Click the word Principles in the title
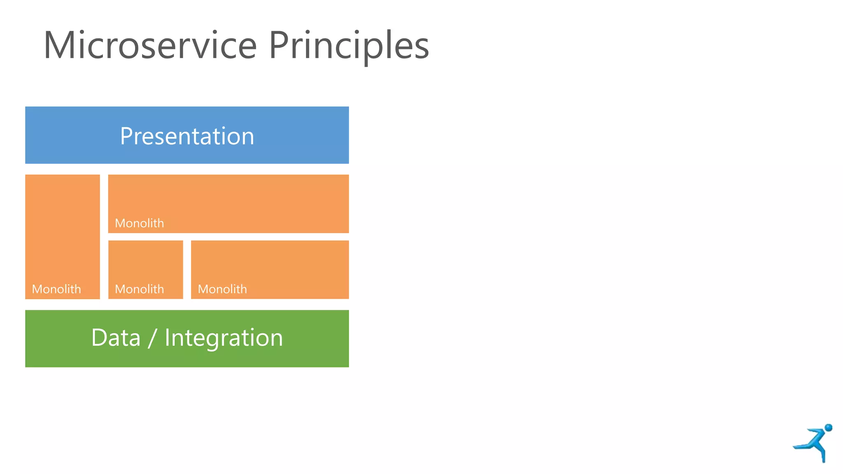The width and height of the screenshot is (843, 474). coord(349,46)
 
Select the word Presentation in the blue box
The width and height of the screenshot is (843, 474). coord(187,136)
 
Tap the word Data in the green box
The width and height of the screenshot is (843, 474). coord(116,338)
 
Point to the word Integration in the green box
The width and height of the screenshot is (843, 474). coord(224,339)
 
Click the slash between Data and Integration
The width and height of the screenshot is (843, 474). coord(152,339)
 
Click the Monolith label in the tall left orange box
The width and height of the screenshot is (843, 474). coord(56,289)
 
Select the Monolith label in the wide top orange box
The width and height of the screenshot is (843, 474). coord(139,223)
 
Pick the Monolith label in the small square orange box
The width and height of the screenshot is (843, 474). coord(139,289)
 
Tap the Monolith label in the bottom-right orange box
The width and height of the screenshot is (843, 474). coord(222,289)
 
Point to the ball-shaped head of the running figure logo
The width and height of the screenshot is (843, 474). coord(829,428)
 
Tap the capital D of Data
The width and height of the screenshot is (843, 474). coord(99,338)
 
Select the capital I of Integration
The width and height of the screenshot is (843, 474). coord(168,338)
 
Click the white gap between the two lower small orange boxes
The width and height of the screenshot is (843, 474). coord(187,270)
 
